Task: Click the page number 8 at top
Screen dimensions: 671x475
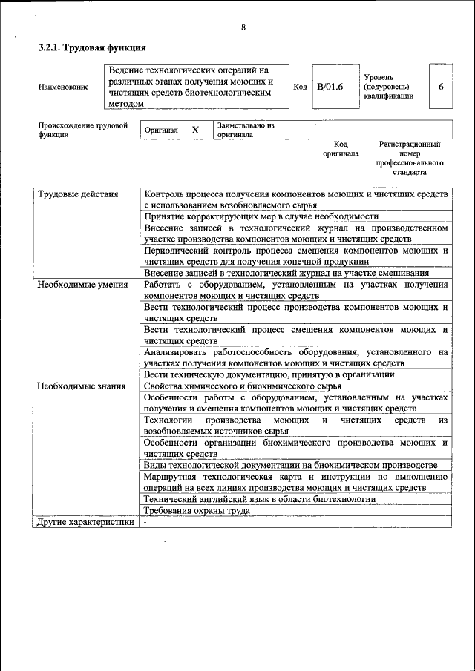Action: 243,28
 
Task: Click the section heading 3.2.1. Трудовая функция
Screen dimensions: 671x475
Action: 92,48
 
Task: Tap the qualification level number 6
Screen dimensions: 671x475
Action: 441,87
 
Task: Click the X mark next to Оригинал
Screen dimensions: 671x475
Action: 196,130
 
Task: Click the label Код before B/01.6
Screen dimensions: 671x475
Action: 300,87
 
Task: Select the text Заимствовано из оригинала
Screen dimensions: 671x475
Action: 246,130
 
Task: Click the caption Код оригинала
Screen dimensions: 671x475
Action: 341,149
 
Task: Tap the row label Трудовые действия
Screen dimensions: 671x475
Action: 78,194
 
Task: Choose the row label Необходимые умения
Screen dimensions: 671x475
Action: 82,285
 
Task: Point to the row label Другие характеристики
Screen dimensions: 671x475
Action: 85,522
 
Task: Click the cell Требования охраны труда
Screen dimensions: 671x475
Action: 197,511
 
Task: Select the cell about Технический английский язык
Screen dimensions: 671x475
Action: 260,499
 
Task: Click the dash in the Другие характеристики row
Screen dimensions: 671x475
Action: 146,522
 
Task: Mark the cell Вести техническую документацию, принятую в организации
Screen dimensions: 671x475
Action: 269,375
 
